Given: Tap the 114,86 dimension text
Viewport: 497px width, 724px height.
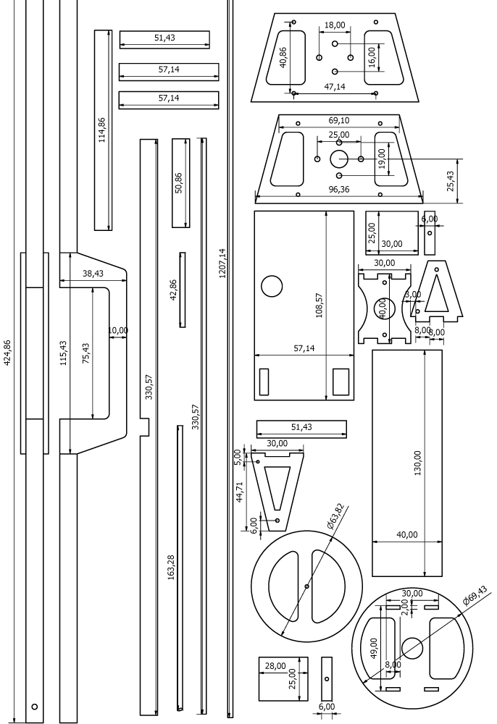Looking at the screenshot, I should (x=102, y=130).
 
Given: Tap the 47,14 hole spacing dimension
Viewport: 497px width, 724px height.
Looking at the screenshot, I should (x=335, y=87).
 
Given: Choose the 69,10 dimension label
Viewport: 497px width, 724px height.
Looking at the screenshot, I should (x=339, y=119).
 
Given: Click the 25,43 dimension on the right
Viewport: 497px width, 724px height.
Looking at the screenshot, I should (x=451, y=182).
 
